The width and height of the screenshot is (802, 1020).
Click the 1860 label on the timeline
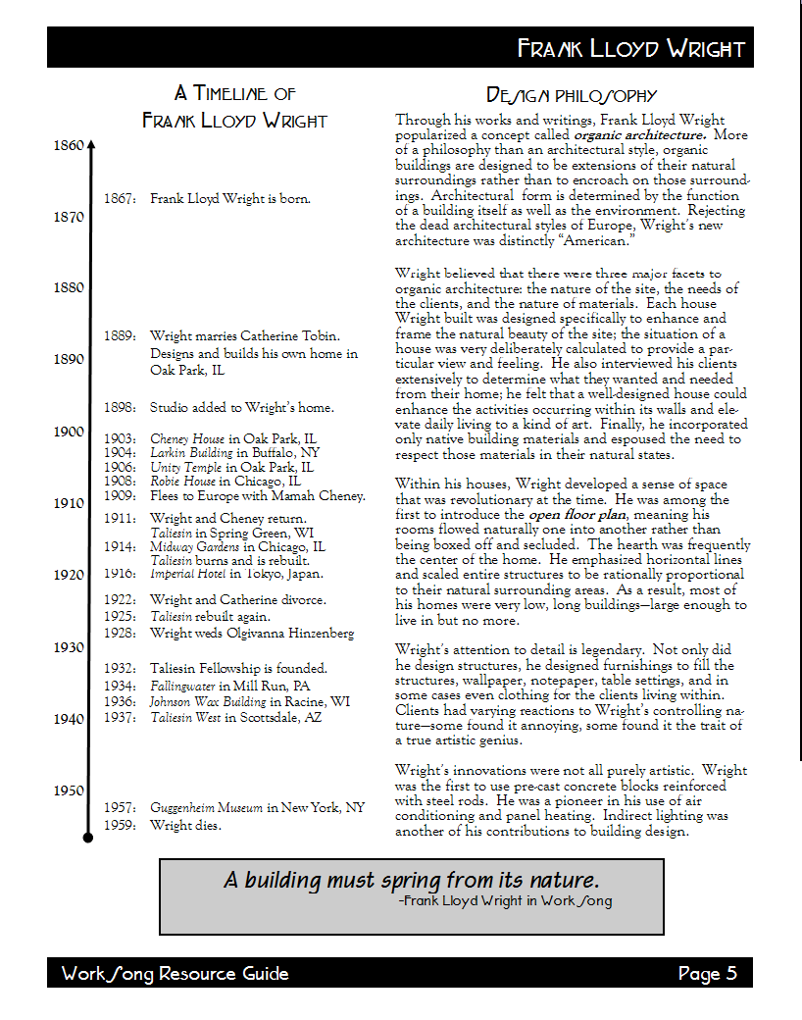(68, 145)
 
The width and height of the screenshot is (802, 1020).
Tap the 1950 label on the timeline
(68, 790)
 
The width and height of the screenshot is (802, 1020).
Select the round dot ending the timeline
(88, 837)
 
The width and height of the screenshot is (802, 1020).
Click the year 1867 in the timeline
(120, 199)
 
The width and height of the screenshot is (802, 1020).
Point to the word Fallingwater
(182, 686)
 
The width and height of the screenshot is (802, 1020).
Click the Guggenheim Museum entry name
(206, 808)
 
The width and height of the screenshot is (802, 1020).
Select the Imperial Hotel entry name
(188, 574)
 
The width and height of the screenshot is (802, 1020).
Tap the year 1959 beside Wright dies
(120, 825)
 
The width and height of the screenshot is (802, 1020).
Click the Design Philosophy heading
(572, 95)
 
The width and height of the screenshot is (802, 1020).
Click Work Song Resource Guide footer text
(175, 974)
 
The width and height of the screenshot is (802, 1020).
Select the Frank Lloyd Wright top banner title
(630, 49)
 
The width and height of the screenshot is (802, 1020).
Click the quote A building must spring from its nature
(411, 879)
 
